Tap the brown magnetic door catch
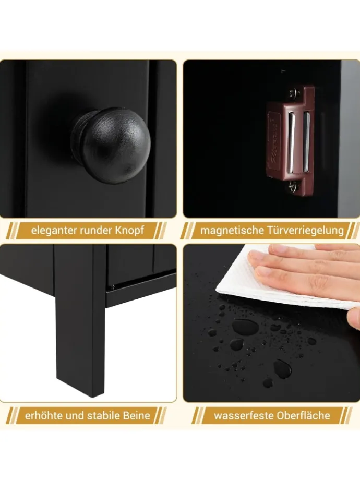[290, 141]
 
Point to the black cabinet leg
[80, 318]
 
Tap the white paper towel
[285, 285]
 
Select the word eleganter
[54, 231]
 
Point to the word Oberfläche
[303, 416]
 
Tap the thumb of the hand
[354, 318]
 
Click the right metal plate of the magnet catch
[306, 138]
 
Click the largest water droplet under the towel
[245, 327]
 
